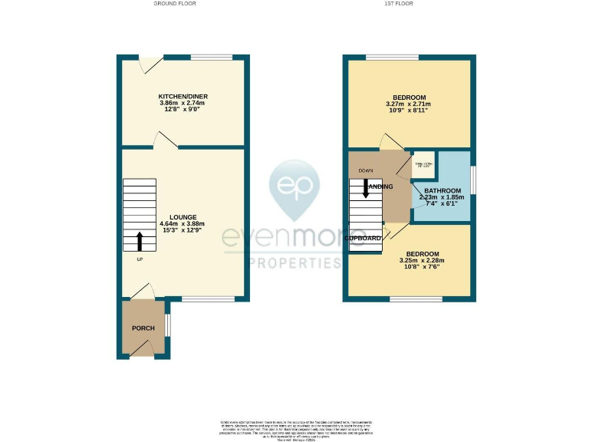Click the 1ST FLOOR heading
[400, 4]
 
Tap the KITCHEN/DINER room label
[183, 97]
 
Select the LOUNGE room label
[183, 217]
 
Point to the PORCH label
[143, 328]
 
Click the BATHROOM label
[443, 190]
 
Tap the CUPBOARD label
[364, 239]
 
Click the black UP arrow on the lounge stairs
[140, 241]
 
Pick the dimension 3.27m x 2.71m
[406, 104]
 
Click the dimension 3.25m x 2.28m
[422, 260]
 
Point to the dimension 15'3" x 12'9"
[183, 231]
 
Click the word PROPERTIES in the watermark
[294, 263]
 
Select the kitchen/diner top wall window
[211, 58]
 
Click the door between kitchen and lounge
[166, 139]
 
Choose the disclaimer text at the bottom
[294, 429]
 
